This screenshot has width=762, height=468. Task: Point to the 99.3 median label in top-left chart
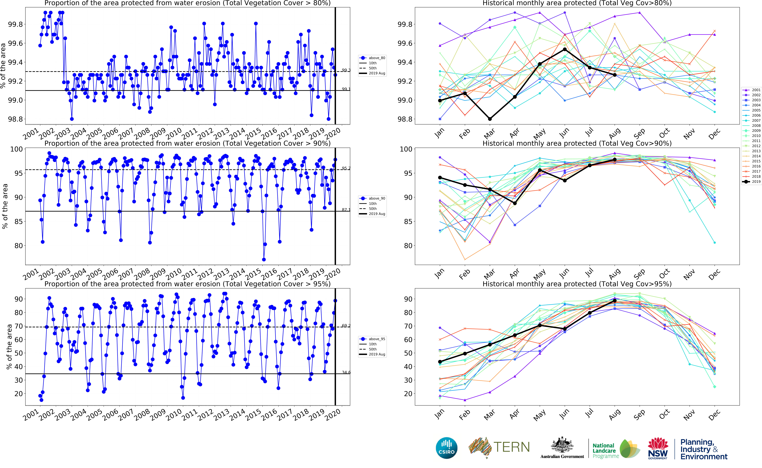[346, 70]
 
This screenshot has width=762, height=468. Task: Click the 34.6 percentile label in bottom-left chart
[346, 372]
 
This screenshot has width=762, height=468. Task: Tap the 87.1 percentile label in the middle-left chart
[346, 210]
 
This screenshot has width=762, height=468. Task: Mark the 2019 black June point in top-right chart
[565, 49]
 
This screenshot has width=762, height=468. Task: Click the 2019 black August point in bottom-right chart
[615, 301]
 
